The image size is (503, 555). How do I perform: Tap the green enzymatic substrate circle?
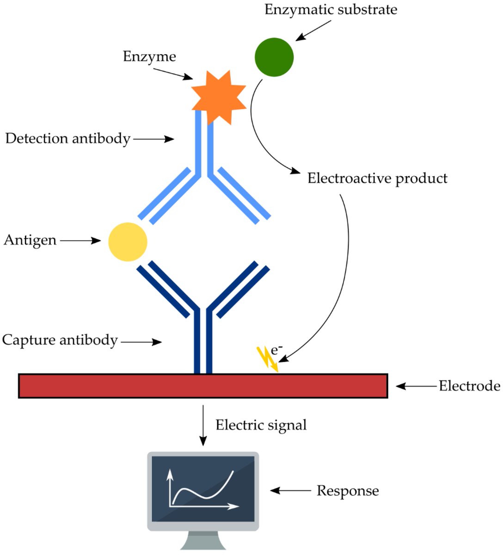coord(274,57)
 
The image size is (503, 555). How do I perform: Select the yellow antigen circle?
coord(128,242)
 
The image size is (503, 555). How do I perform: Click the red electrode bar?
coord(203,386)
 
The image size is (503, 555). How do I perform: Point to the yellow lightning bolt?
coord(267,359)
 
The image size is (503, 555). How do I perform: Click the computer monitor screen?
coord(203,489)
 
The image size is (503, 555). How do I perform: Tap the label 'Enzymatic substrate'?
coord(331,10)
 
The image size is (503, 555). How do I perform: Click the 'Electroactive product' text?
coord(377,179)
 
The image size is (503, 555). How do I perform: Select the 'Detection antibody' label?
coord(68,138)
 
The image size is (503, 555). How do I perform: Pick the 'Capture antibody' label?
coord(60,340)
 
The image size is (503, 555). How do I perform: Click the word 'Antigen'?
coord(30,240)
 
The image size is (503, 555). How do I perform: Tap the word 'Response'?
coord(348,491)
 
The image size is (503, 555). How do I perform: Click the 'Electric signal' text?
coord(261,425)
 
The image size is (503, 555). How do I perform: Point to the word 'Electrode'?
coord(469,386)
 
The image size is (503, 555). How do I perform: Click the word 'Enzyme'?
coord(149,56)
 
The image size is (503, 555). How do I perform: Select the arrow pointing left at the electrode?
coord(416,386)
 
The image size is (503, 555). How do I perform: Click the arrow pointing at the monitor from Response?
coord(290,490)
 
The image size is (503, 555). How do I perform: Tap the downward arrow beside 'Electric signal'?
coord(202,425)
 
